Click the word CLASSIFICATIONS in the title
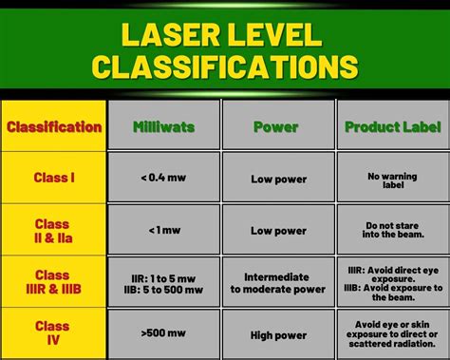coord(225,66)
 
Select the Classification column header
coord(54,126)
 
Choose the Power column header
coord(277,126)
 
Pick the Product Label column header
coord(392,126)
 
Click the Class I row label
coord(54,177)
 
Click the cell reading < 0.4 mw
coord(163,178)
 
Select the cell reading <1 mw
coord(163,230)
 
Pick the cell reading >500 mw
coord(163,334)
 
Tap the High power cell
coord(278,334)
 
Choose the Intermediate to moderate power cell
coord(278,282)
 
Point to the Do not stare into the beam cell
coord(392,230)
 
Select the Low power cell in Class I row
coord(278,178)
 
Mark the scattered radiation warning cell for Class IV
coord(392,334)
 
